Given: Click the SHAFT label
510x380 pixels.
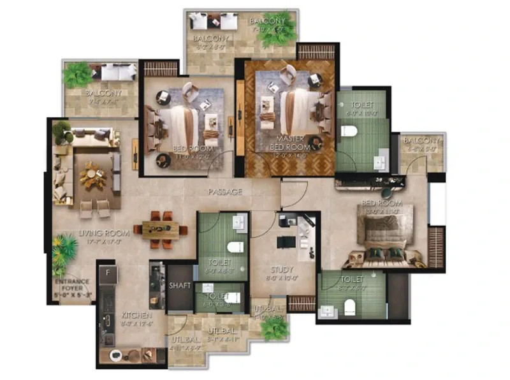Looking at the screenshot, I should tap(180, 286).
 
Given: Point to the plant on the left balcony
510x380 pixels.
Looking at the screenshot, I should tap(77, 75).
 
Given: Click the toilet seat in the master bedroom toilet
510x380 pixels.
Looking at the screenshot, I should tap(348, 131).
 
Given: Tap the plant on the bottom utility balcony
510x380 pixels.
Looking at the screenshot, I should tap(275, 328).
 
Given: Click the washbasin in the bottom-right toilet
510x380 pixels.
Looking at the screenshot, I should tap(329, 311).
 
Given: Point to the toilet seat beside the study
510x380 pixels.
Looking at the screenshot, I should tap(233, 247).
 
